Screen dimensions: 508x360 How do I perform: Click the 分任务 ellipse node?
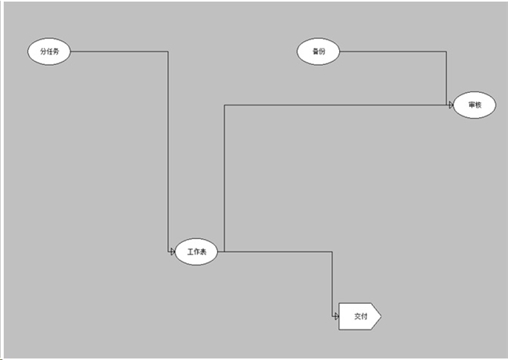49,52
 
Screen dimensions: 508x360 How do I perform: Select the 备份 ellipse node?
318,52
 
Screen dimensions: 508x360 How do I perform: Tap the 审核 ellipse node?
474,105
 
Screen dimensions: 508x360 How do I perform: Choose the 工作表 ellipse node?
196,251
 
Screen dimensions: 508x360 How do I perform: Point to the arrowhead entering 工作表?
173,251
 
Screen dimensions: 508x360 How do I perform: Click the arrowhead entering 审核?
451,105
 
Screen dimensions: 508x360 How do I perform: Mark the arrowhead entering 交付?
336,316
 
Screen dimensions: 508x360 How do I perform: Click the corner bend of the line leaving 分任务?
168,52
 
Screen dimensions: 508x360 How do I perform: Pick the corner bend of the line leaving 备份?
446,52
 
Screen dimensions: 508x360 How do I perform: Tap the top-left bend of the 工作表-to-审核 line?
224,105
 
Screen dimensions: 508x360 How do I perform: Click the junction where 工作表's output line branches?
224,251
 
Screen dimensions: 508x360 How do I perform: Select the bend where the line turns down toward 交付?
331,251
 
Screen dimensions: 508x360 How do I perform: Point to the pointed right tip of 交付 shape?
381,316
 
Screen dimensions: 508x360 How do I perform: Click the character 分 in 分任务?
43,52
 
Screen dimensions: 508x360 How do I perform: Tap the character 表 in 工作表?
203,251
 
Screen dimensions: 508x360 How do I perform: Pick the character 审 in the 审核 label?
471,105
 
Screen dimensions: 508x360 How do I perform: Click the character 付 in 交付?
364,316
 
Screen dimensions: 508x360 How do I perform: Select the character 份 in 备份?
322,52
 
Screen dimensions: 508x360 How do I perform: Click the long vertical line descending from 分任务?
168,151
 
